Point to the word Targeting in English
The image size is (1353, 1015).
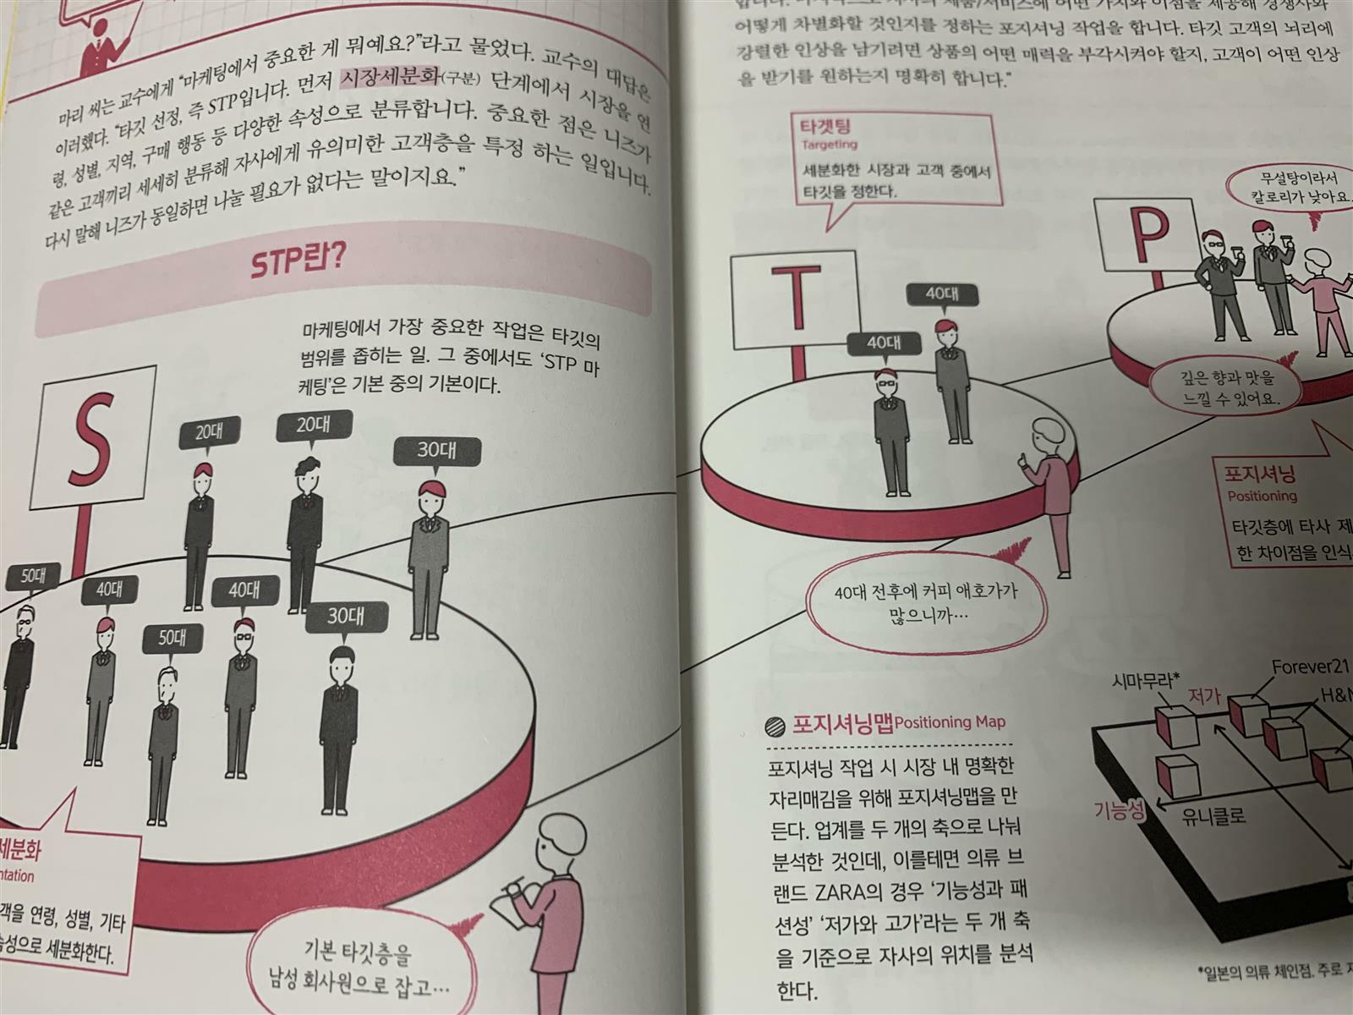[830, 145]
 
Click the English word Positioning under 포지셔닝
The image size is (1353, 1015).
[1262, 496]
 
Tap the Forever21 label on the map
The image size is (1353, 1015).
[1310, 667]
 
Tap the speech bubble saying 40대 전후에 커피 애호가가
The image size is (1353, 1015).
[925, 604]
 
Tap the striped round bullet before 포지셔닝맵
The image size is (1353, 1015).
[775, 725]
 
